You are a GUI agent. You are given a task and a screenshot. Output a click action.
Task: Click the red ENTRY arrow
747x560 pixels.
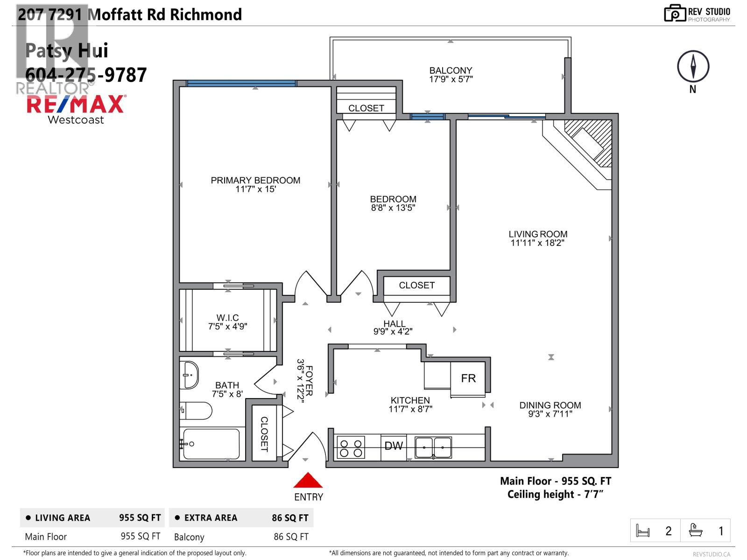(308, 481)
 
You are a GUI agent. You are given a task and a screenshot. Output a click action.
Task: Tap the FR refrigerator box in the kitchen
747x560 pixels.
(468, 378)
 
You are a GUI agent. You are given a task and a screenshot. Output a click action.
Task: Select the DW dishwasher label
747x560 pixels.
(394, 446)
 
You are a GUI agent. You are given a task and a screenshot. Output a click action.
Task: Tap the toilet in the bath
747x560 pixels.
(196, 411)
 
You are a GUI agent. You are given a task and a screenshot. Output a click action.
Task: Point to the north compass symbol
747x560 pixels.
(693, 67)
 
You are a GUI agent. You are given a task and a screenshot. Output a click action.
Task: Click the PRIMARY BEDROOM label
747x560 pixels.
(255, 181)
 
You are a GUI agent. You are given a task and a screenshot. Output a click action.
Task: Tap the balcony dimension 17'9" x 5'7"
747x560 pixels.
(451, 79)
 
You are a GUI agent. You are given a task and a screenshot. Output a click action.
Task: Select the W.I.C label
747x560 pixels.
(227, 318)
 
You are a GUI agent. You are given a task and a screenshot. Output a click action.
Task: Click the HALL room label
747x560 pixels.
(395, 323)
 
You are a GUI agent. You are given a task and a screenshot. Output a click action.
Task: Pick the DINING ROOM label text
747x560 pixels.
(550, 405)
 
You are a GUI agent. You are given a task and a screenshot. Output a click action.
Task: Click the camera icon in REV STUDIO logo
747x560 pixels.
(674, 14)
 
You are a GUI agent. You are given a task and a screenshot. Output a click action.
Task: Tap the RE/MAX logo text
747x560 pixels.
(76, 104)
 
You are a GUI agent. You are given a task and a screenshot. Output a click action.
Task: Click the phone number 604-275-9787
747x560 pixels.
(86, 75)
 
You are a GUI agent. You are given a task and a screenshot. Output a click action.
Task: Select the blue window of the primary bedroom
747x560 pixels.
(241, 84)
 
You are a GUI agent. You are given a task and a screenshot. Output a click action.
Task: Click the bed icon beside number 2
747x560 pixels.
(643, 531)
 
